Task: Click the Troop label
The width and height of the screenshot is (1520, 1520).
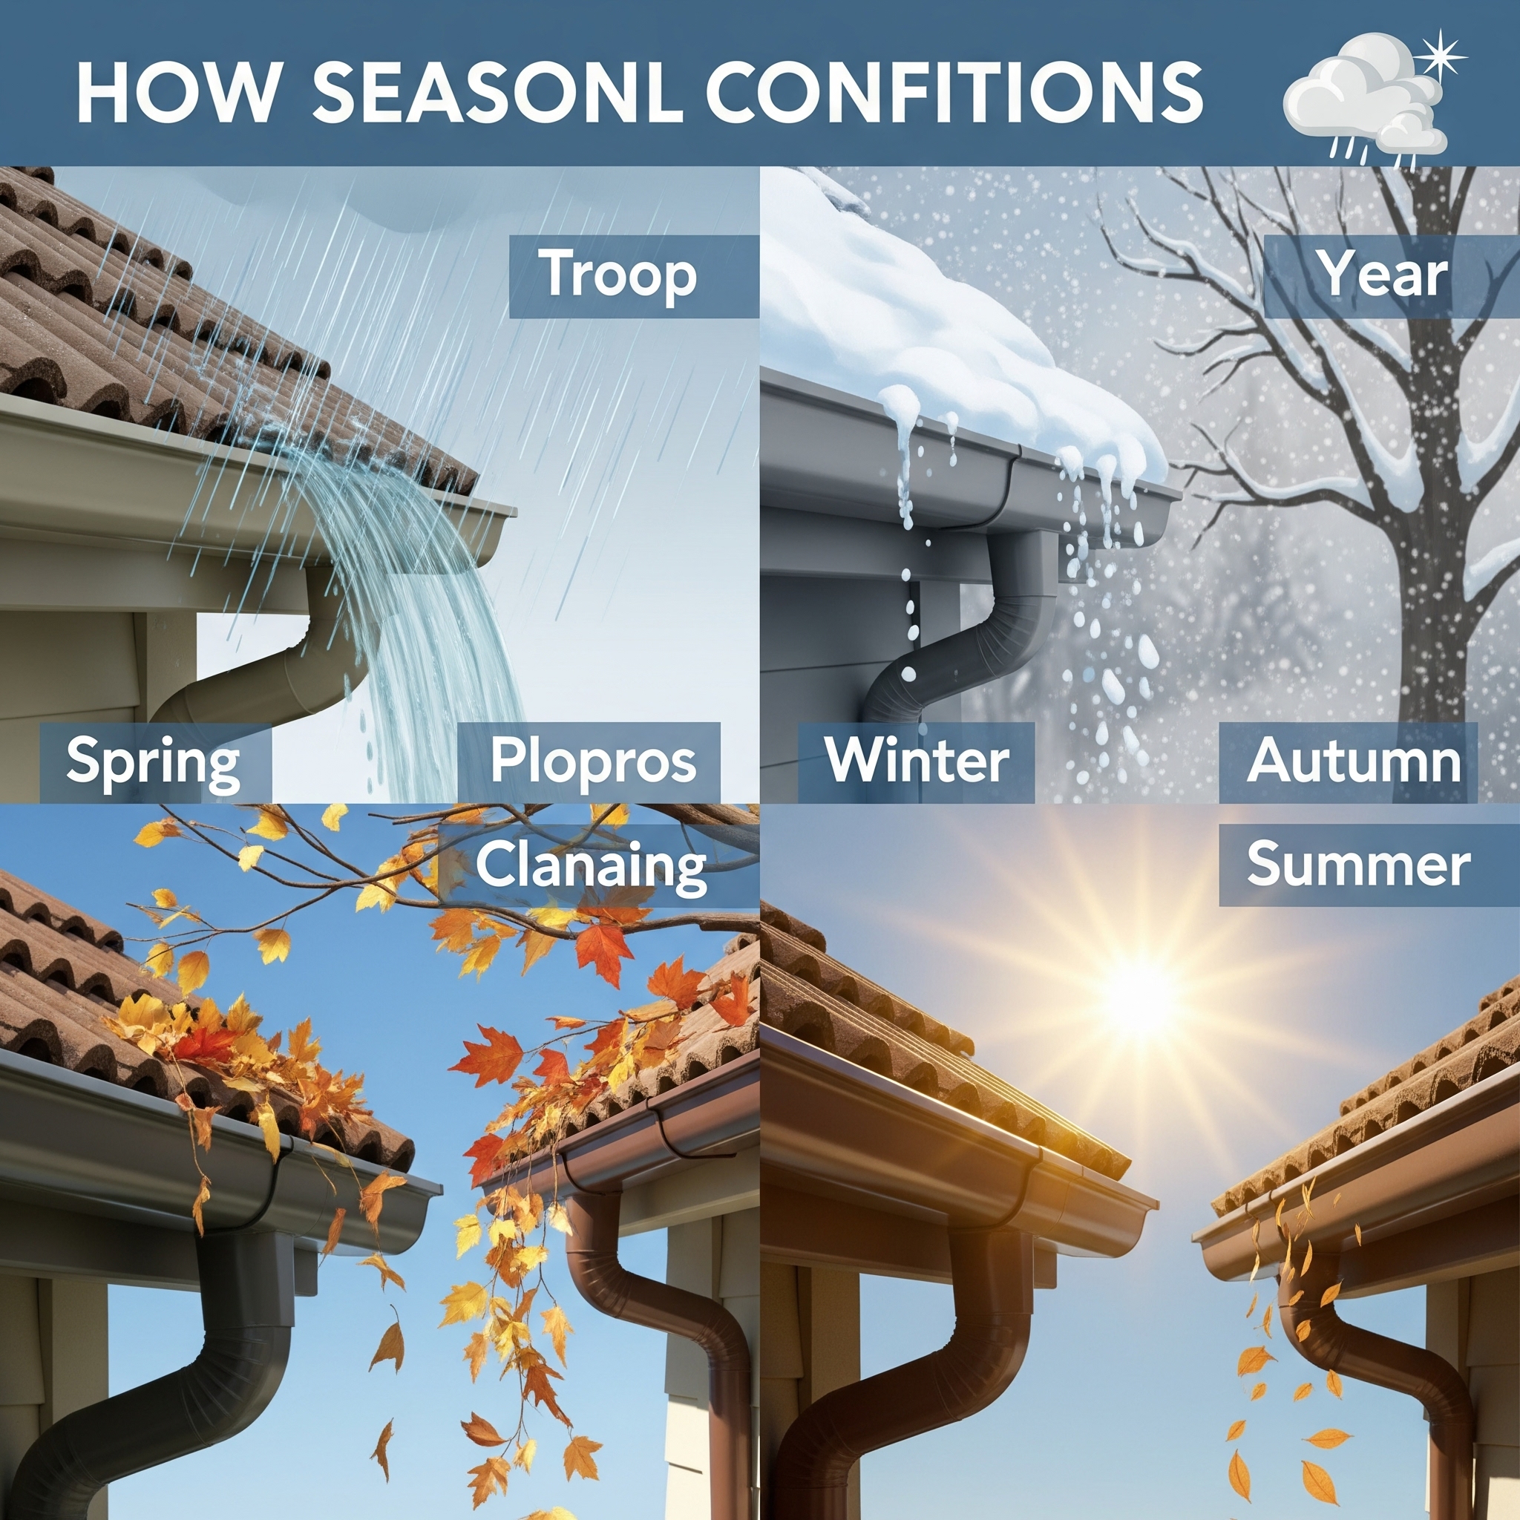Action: (x=620, y=275)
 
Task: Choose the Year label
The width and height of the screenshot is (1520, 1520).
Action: (x=1383, y=275)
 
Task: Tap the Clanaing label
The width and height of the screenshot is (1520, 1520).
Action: (x=591, y=866)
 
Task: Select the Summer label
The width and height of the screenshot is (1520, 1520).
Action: (x=1358, y=863)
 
